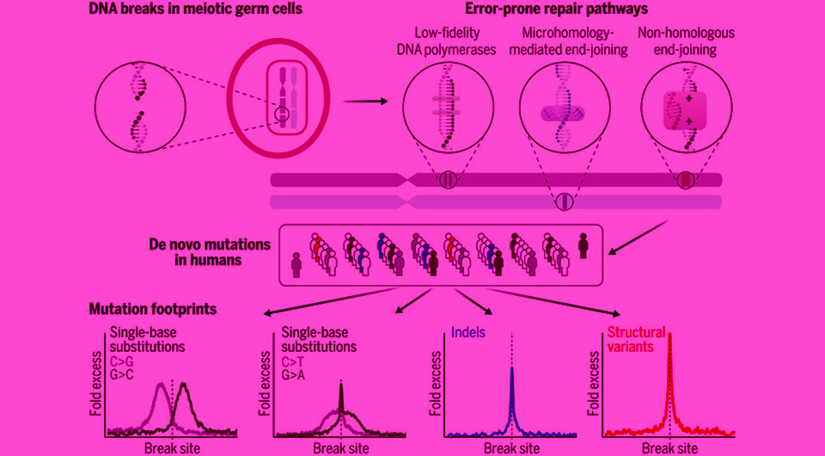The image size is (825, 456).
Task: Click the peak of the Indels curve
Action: [x=512, y=368]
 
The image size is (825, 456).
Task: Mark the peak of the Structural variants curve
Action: [x=669, y=335]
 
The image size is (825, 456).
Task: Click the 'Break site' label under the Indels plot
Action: [x=511, y=448]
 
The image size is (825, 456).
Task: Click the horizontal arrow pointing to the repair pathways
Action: [x=364, y=101]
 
